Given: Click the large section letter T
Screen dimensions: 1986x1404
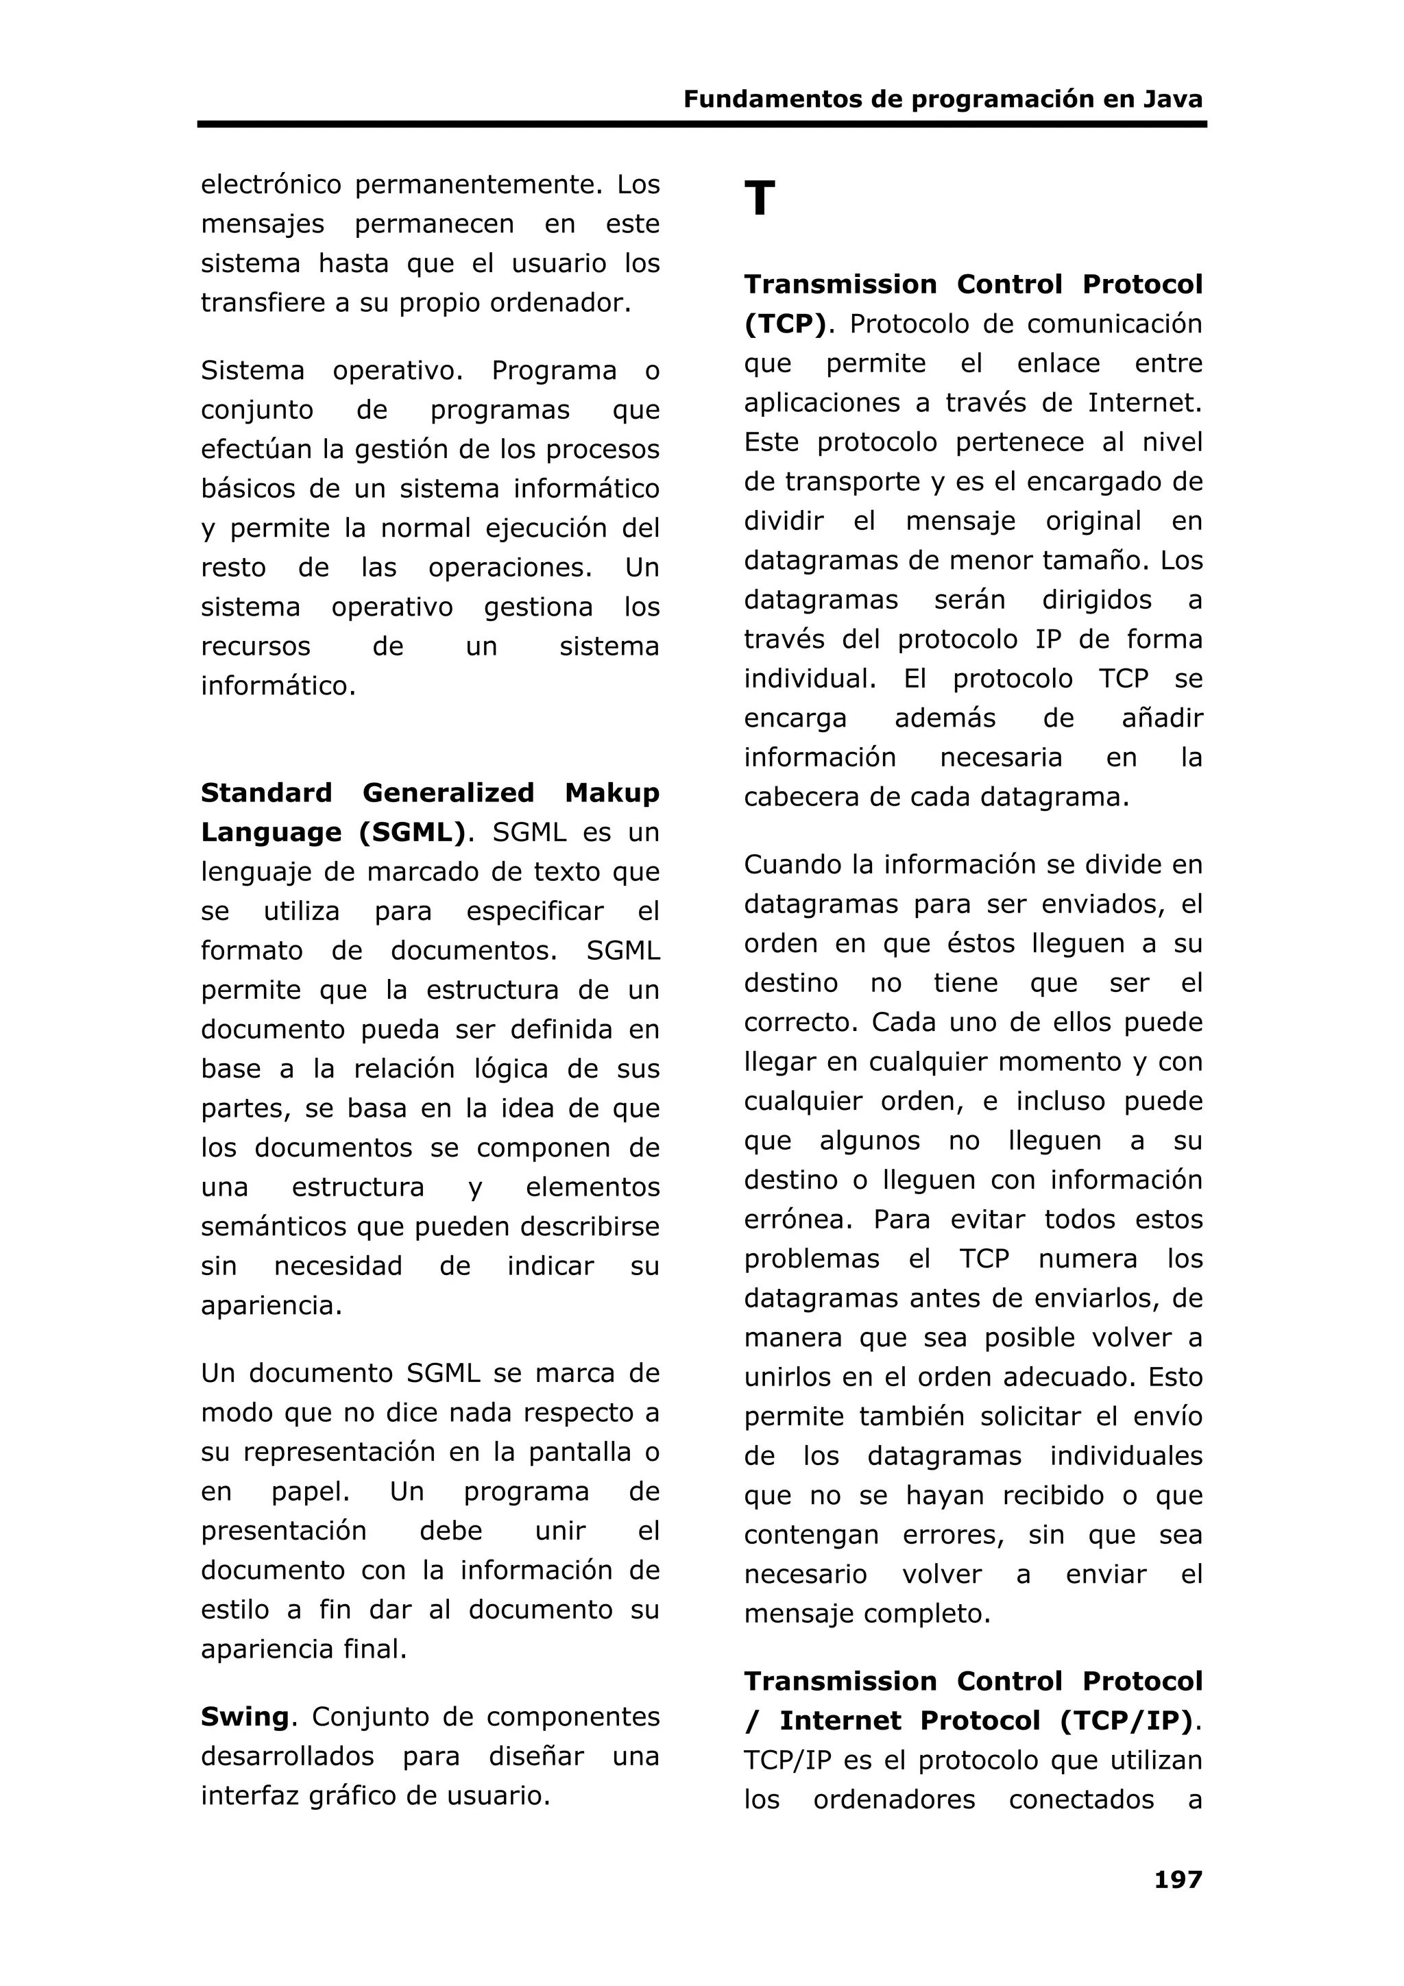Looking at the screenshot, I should coord(759,199).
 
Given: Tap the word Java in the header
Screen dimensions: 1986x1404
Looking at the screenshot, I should coord(1172,99).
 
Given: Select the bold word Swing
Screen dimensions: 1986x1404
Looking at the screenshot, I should coord(245,1717).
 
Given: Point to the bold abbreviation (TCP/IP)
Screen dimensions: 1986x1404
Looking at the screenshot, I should coord(1126,1721).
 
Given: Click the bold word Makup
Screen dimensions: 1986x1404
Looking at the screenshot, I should coord(612,792).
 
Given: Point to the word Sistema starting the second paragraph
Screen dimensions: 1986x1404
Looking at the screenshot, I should coord(252,370).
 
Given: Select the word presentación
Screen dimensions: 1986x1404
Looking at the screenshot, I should coord(284,1530).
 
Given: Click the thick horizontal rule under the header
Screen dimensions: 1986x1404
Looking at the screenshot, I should coord(701,125).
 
